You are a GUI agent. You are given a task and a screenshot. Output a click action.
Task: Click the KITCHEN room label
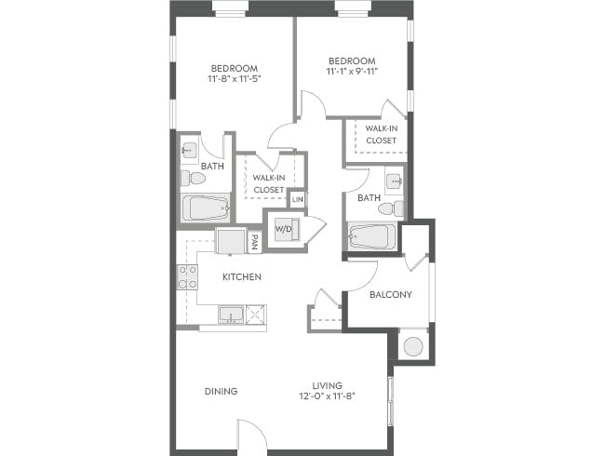coord(241,277)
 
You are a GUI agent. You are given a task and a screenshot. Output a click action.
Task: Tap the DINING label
coord(221,391)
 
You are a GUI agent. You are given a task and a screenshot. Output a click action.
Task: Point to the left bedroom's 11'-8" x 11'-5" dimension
coord(234,79)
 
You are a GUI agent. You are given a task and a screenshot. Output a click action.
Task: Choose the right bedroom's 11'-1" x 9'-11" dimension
coord(351,71)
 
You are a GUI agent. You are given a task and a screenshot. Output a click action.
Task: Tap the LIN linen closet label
coord(298,200)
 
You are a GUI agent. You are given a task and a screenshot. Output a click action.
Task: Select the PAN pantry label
coord(254,242)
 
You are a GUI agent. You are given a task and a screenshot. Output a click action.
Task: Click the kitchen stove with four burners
coord(187,276)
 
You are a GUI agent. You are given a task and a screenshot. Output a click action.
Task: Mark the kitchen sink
coord(231,314)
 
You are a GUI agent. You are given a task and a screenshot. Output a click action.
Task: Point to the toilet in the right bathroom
coord(396,207)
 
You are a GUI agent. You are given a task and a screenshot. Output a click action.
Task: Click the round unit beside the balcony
coord(412,346)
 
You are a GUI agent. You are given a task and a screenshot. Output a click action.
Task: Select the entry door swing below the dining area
coord(249,433)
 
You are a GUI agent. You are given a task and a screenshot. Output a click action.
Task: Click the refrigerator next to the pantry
coord(230,241)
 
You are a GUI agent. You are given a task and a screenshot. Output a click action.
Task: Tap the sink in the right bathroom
coord(394,180)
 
